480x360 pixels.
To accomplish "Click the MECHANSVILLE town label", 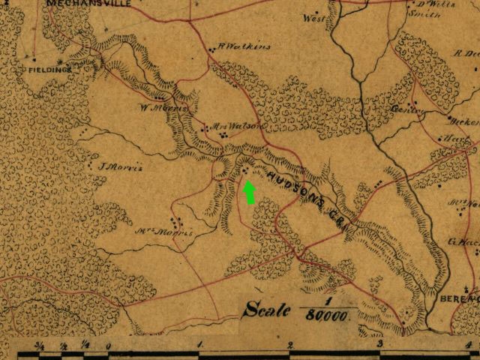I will [88, 4].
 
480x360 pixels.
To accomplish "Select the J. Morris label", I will [121, 166].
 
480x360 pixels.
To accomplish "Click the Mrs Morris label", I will [163, 232].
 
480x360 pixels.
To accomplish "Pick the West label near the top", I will [314, 18].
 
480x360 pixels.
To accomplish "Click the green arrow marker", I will [250, 192].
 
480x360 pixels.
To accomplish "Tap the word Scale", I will [266, 307].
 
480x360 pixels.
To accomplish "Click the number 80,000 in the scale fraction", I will [327, 316].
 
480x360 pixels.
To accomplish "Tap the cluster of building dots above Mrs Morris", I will [176, 222].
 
